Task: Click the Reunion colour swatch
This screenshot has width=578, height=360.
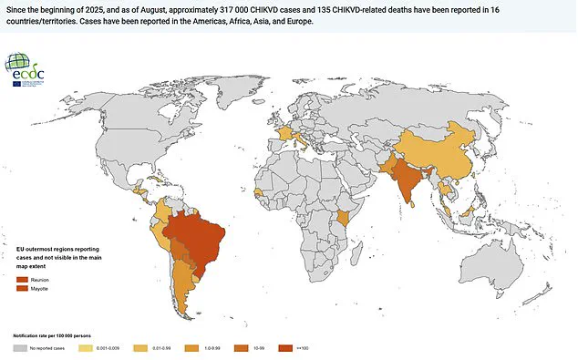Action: point(22,279)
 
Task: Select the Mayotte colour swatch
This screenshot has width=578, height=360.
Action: point(22,288)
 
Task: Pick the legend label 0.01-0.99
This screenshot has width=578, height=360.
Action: point(165,347)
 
